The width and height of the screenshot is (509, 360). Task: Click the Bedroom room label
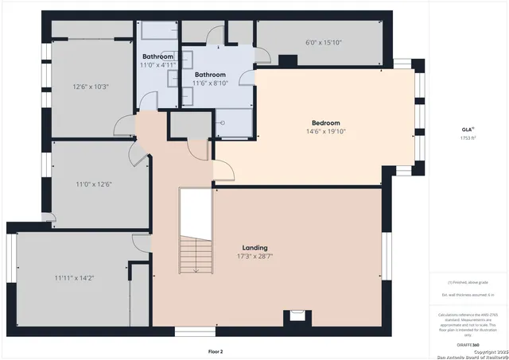click(x=325, y=123)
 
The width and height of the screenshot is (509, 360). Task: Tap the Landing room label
click(x=254, y=248)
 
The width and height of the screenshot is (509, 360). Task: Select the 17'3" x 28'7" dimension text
click(x=254, y=257)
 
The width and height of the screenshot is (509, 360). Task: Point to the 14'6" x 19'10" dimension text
click(x=325, y=132)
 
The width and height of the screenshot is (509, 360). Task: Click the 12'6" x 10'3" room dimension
click(x=90, y=87)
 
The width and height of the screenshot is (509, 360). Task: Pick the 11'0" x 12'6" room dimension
click(x=94, y=184)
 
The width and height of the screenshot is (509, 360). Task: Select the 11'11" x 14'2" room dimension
click(x=75, y=278)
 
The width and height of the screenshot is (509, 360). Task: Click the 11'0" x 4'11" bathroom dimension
click(x=158, y=65)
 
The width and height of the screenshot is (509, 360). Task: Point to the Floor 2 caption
click(x=216, y=350)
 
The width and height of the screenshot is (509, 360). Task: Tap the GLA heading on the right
click(x=467, y=130)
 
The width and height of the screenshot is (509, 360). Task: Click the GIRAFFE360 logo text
click(x=467, y=345)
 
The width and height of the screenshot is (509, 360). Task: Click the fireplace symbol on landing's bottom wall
click(x=296, y=315)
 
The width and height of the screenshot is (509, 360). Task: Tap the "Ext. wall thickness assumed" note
click(x=467, y=294)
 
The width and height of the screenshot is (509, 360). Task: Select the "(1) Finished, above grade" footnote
click(x=467, y=282)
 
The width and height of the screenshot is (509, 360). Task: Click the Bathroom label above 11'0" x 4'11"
click(x=158, y=57)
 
